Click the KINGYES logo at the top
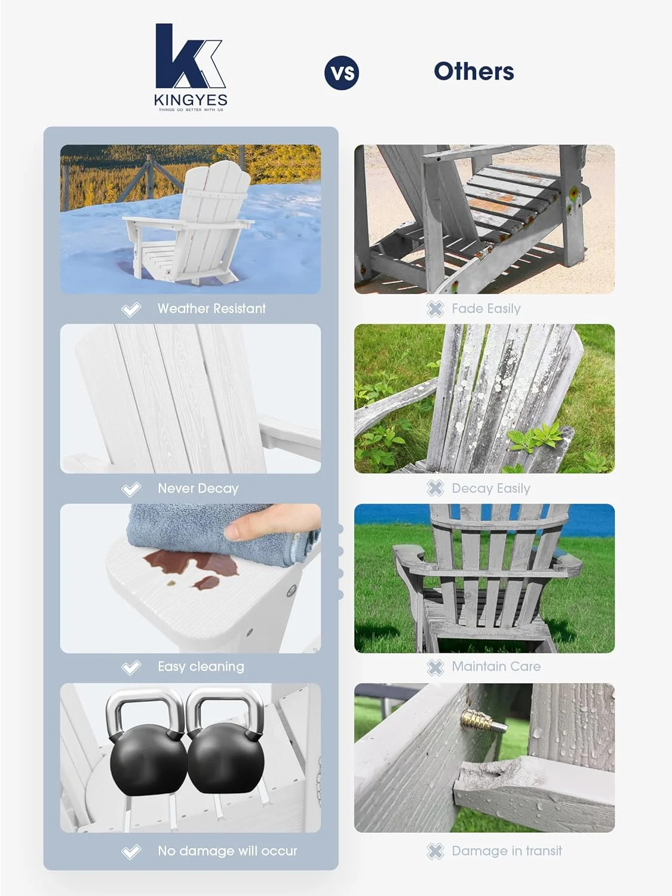(190, 67)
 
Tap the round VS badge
(342, 73)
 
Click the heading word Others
(474, 72)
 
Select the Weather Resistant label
(211, 309)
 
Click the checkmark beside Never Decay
(131, 489)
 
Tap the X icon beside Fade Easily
(435, 309)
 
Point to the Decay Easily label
(490, 489)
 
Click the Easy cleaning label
(201, 667)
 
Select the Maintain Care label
(496, 667)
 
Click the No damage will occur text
(227, 851)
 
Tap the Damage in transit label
(507, 851)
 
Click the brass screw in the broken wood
(483, 726)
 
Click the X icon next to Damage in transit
(435, 851)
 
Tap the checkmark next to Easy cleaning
(131, 667)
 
